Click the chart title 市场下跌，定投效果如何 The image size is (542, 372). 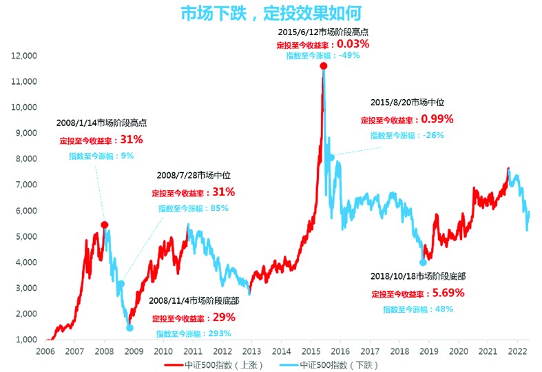click(270, 13)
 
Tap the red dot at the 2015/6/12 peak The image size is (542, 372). click(323, 65)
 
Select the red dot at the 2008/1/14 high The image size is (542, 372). click(105, 225)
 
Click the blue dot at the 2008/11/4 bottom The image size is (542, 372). click(129, 328)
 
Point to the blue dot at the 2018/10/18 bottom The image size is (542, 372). click(423, 262)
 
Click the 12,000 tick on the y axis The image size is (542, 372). click(25, 56)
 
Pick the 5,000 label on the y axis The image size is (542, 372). click(27, 236)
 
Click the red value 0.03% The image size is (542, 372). click(353, 43)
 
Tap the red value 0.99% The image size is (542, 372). click(437, 119)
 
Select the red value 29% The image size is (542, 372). click(224, 318)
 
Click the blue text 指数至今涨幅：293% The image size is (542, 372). click(193, 333)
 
